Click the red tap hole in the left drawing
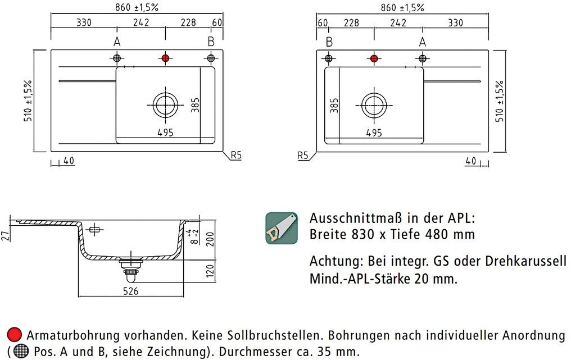click(165, 58)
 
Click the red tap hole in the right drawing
click(374, 58)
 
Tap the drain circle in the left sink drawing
click(166, 105)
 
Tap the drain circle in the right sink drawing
click(374, 105)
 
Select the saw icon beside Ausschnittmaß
click(282, 228)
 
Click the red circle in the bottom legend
click(15, 335)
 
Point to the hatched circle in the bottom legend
click(21, 351)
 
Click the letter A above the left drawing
click(117, 42)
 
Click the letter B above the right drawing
click(329, 42)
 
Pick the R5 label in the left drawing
click(237, 155)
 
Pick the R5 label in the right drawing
click(303, 156)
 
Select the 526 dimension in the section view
click(131, 291)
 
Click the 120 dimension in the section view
click(211, 271)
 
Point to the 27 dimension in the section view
click(5, 236)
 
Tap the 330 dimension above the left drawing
click(84, 22)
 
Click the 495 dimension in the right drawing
click(374, 133)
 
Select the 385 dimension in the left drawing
click(195, 105)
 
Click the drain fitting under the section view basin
click(130, 270)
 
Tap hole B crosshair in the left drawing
click(211, 58)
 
